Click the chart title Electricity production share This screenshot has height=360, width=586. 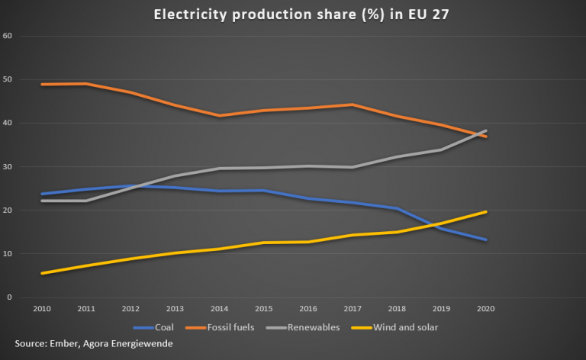pos(293,14)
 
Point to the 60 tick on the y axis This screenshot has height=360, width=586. pos(8,36)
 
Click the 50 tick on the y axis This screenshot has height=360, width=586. pos(8,79)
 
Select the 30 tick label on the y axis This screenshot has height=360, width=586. pos(8,166)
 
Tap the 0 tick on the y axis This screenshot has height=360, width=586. pos(9,297)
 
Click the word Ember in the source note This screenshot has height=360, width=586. pos(65,345)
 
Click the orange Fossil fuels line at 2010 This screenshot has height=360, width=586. pos(41,84)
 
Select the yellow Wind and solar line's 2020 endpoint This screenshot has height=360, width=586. pos(486,212)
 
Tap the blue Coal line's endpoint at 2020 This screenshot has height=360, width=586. pos(486,239)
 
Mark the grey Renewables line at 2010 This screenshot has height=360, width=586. pos(41,201)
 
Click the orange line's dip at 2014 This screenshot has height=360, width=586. pos(220,116)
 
